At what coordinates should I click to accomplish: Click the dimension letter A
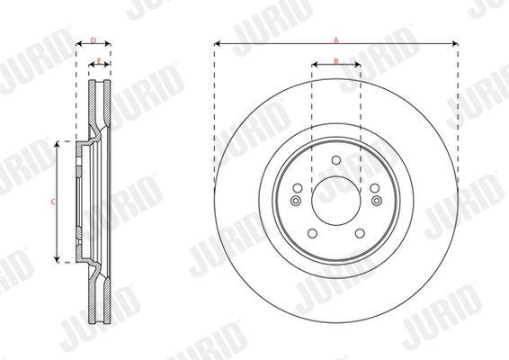[x=336, y=40]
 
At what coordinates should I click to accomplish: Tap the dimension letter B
[x=336, y=61]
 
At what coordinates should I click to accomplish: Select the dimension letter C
[x=53, y=202]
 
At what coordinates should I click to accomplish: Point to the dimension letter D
[x=94, y=40]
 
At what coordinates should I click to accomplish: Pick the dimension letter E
[x=99, y=61]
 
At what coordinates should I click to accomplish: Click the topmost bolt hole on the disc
[x=336, y=160]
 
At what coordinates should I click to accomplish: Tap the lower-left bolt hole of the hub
[x=312, y=233]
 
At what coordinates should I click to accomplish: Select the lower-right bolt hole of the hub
[x=360, y=233]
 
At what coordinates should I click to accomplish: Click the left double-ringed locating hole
[x=295, y=201]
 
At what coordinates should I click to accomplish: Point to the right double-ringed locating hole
[x=377, y=201]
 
